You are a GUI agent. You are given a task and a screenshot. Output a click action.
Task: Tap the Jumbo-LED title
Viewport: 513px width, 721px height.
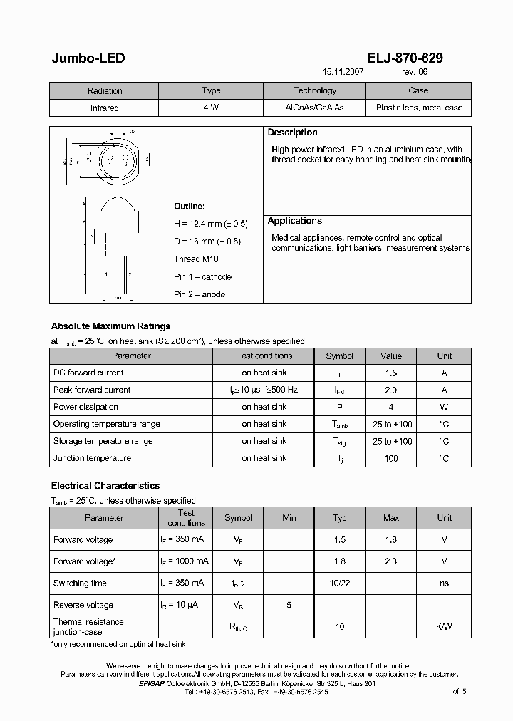point(88,58)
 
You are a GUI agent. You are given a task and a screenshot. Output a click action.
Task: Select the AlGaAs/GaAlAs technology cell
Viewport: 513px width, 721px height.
point(314,108)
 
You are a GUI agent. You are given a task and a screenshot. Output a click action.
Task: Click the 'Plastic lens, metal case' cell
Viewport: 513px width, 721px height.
point(418,108)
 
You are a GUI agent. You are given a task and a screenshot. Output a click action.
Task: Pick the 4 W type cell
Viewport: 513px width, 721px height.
point(211,108)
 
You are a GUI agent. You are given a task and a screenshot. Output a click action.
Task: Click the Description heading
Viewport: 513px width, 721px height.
point(292,133)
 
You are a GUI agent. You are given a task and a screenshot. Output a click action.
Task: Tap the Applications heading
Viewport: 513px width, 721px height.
point(295,221)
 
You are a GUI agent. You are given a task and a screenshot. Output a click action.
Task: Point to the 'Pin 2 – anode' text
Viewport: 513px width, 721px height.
point(199,294)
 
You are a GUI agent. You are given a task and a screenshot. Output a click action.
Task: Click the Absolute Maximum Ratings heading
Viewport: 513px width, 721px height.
point(110,326)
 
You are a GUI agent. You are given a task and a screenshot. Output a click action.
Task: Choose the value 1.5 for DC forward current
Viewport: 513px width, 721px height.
point(390,373)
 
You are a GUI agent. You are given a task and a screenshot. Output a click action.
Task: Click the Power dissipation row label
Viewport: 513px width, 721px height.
point(85,407)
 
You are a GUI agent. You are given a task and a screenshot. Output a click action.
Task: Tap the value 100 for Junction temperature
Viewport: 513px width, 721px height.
point(390,458)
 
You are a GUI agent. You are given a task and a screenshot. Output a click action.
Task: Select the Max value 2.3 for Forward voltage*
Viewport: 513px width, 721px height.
point(390,561)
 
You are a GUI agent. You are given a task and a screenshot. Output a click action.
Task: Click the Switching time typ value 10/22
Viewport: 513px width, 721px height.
point(340,583)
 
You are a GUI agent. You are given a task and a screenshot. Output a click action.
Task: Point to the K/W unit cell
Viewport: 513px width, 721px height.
point(444,626)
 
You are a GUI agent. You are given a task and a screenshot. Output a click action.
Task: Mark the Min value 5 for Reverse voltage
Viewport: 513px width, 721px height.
point(289,605)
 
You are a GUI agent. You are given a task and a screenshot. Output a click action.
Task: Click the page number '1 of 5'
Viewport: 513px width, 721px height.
point(457,691)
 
